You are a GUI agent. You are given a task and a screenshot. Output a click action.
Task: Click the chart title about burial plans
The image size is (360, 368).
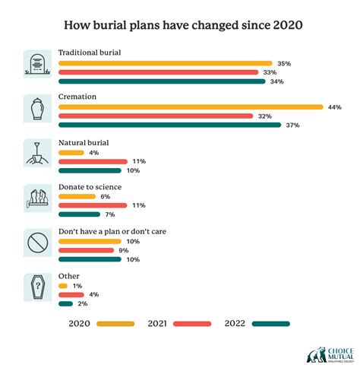(x=180, y=25)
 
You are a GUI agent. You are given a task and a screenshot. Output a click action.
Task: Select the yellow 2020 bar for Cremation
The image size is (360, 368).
(x=191, y=107)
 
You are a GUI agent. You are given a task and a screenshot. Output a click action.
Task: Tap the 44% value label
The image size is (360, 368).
(x=334, y=107)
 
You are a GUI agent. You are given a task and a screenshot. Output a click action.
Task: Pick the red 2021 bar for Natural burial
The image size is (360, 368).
(x=92, y=161)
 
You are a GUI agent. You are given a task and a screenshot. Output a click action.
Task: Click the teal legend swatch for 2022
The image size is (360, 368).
(x=271, y=323)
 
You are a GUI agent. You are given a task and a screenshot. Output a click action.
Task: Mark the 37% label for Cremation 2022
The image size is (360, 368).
(x=292, y=125)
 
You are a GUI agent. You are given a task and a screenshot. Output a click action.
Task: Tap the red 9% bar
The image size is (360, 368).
(x=87, y=249)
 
